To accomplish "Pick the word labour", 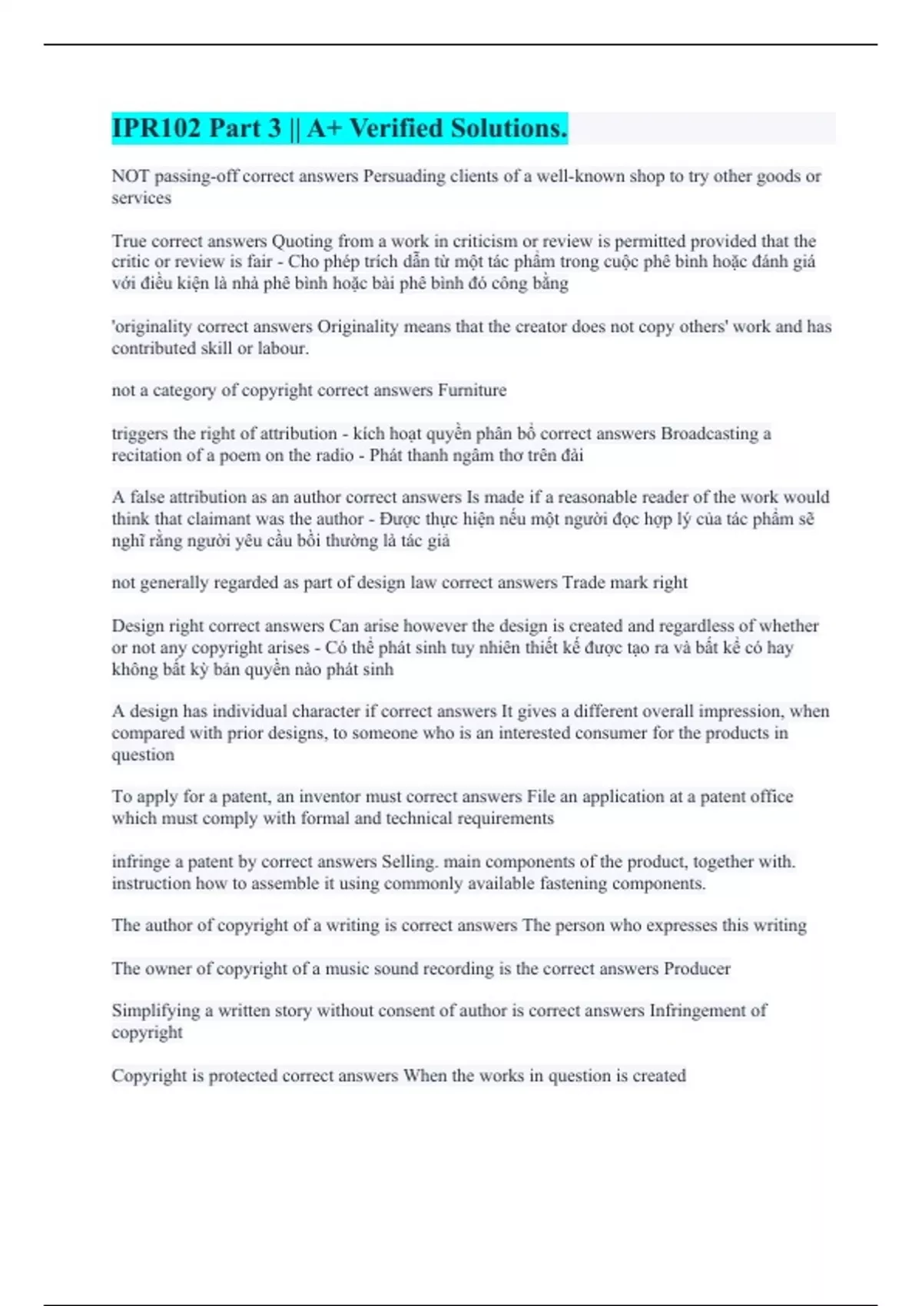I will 283,349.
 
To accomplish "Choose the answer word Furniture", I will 472,391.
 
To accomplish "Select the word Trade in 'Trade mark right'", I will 583,583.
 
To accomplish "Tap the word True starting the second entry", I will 128,241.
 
